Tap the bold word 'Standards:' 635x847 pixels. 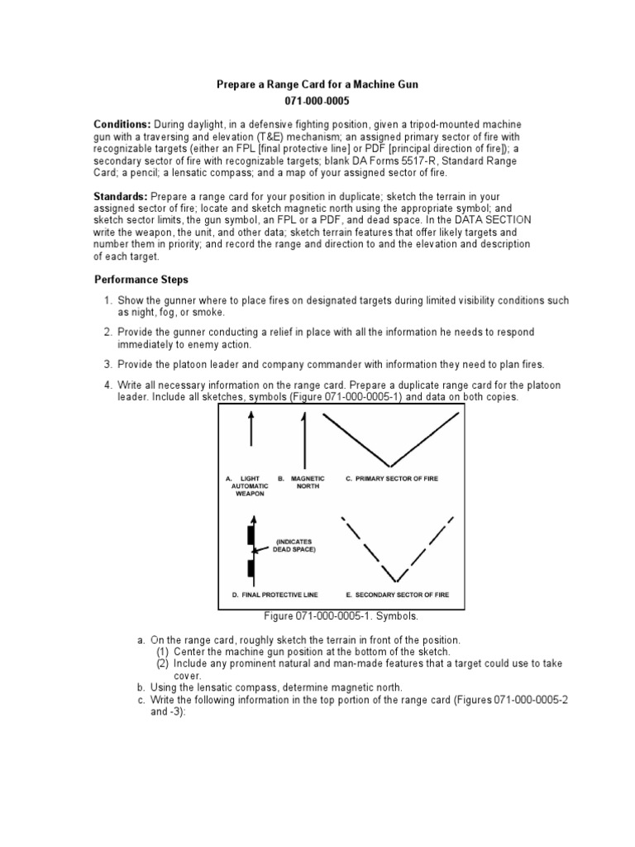[x=120, y=195]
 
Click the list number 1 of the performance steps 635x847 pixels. [x=107, y=300]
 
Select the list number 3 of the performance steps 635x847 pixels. [x=107, y=363]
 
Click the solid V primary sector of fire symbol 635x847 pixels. [x=392, y=441]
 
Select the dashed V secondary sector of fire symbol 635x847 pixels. [x=397, y=550]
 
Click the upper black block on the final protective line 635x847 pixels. [x=251, y=535]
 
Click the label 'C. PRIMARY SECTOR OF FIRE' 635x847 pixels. [x=395, y=478]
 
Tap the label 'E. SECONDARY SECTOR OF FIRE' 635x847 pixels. [x=399, y=595]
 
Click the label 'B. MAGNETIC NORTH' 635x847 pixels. [x=303, y=482]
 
